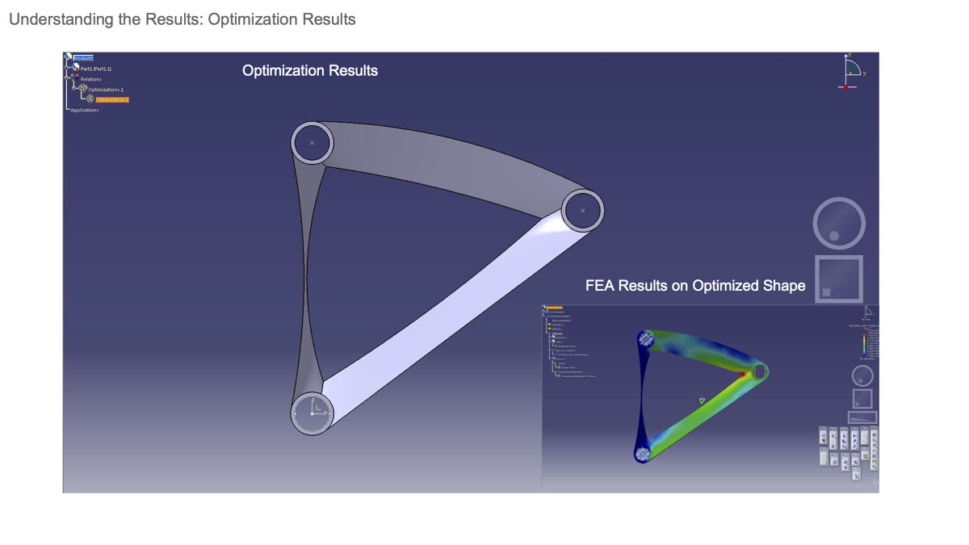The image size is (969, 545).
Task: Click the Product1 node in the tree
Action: tap(83, 58)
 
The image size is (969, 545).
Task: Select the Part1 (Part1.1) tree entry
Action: tap(96, 69)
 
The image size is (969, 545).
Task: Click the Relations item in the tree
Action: tap(91, 79)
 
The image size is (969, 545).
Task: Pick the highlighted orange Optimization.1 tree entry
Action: tap(111, 99)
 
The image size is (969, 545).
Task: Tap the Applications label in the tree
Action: tap(85, 110)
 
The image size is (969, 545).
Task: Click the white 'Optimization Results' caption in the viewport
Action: tap(310, 71)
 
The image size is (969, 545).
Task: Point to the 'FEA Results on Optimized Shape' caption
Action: tap(695, 286)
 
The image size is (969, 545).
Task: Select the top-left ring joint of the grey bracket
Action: tap(312, 143)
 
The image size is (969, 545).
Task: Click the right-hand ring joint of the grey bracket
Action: tap(582, 211)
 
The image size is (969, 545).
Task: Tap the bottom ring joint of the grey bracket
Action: tap(312, 413)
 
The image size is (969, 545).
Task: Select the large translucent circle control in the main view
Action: tap(839, 224)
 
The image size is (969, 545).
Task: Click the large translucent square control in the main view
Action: tap(839, 279)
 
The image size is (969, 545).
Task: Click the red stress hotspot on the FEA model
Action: tap(744, 375)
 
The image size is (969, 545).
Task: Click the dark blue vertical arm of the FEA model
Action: tap(642, 396)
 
